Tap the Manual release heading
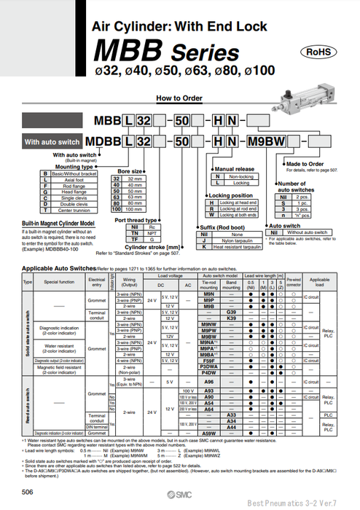point(234,169)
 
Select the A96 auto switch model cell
point(210,381)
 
